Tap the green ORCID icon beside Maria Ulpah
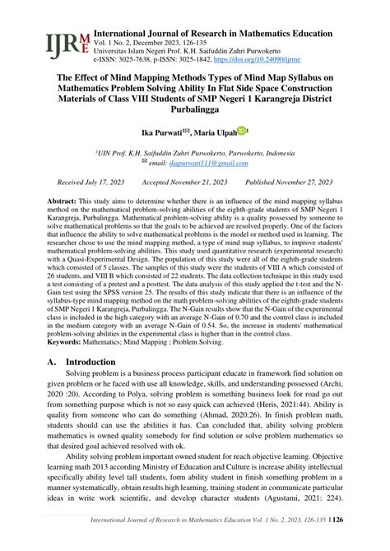click(x=243, y=130)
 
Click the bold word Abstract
click(x=61, y=201)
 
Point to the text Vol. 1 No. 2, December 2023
click(x=136, y=42)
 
